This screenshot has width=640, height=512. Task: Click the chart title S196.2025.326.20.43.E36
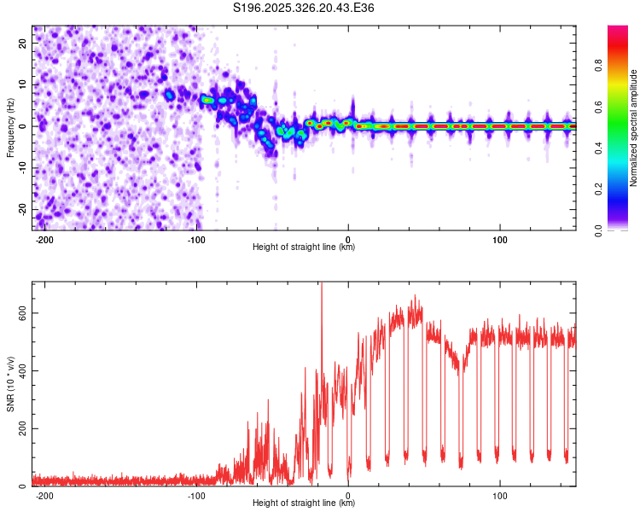pyautogui.click(x=304, y=9)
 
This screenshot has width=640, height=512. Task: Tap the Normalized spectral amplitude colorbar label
pyautogui.click(x=633, y=128)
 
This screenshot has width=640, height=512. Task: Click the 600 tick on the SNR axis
pyautogui.click(x=21, y=313)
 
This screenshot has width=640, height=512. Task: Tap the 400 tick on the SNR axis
pyautogui.click(x=21, y=371)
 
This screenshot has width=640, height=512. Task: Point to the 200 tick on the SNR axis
pyautogui.click(x=21, y=429)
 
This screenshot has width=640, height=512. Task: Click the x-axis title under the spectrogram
pyautogui.click(x=304, y=247)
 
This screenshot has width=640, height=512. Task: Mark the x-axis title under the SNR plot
pyautogui.click(x=304, y=503)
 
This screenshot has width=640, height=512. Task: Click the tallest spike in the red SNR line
pyautogui.click(x=322, y=287)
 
